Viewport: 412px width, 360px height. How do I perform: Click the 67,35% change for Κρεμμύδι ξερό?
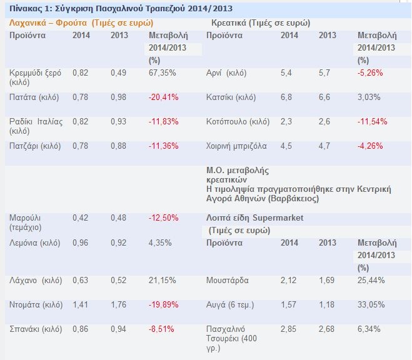click(161, 73)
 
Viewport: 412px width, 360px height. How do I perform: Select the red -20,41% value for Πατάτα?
click(163, 97)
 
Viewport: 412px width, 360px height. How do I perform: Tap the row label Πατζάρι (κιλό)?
click(35, 146)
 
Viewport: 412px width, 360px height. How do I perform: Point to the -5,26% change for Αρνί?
click(369, 73)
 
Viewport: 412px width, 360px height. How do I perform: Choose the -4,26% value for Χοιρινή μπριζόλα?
click(369, 146)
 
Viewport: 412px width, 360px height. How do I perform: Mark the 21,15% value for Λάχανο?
click(161, 281)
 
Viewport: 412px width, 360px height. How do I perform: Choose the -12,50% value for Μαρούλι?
click(163, 217)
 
